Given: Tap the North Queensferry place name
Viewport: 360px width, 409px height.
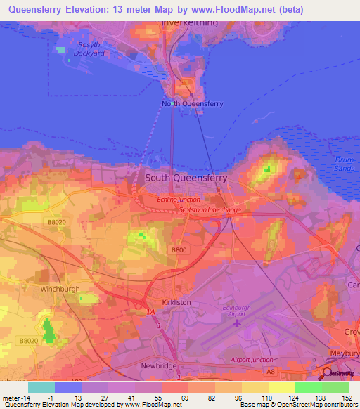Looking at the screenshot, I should [x=193, y=104].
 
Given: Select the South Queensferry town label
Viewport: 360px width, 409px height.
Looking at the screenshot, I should [x=186, y=178].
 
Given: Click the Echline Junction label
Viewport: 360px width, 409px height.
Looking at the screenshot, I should [x=178, y=200].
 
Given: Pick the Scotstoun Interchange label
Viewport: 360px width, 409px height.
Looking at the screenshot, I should [x=210, y=209].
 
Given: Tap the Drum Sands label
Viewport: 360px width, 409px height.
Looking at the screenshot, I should [x=346, y=164].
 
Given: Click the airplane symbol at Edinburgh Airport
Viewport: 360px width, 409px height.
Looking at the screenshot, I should [x=238, y=325].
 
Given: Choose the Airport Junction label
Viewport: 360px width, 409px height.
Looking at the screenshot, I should [x=252, y=360].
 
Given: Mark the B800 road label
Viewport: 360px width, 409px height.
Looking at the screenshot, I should [x=179, y=249].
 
